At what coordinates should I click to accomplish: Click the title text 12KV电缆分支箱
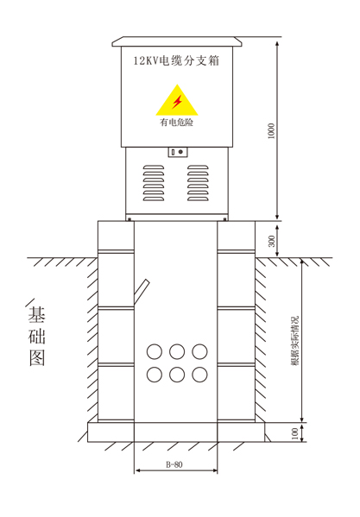pos(176,60)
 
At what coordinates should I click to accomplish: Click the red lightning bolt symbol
pos(177,102)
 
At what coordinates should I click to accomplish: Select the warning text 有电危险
pos(176,123)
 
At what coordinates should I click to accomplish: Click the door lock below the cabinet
pos(178,152)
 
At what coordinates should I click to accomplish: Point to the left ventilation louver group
pos(154,183)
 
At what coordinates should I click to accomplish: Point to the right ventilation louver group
pos(198,183)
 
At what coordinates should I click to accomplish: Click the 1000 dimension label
pos(271,131)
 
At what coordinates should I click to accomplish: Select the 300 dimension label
pos(272,241)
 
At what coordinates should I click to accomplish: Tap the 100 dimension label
pos(295,433)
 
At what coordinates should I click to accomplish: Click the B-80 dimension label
pos(174,464)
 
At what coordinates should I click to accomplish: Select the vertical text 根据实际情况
pos(294,341)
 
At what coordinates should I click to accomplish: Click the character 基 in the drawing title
pos(36,314)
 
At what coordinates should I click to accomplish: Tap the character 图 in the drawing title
pos(37,358)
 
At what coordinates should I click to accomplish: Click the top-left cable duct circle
pos(155,351)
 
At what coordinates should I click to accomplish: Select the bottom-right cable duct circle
pos(199,375)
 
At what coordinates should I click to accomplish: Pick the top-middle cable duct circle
pos(177,351)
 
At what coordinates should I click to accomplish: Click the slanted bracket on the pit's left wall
pos(142,292)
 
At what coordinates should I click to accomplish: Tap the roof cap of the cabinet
pos(177,41)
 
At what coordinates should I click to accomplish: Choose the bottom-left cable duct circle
pos(155,375)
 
